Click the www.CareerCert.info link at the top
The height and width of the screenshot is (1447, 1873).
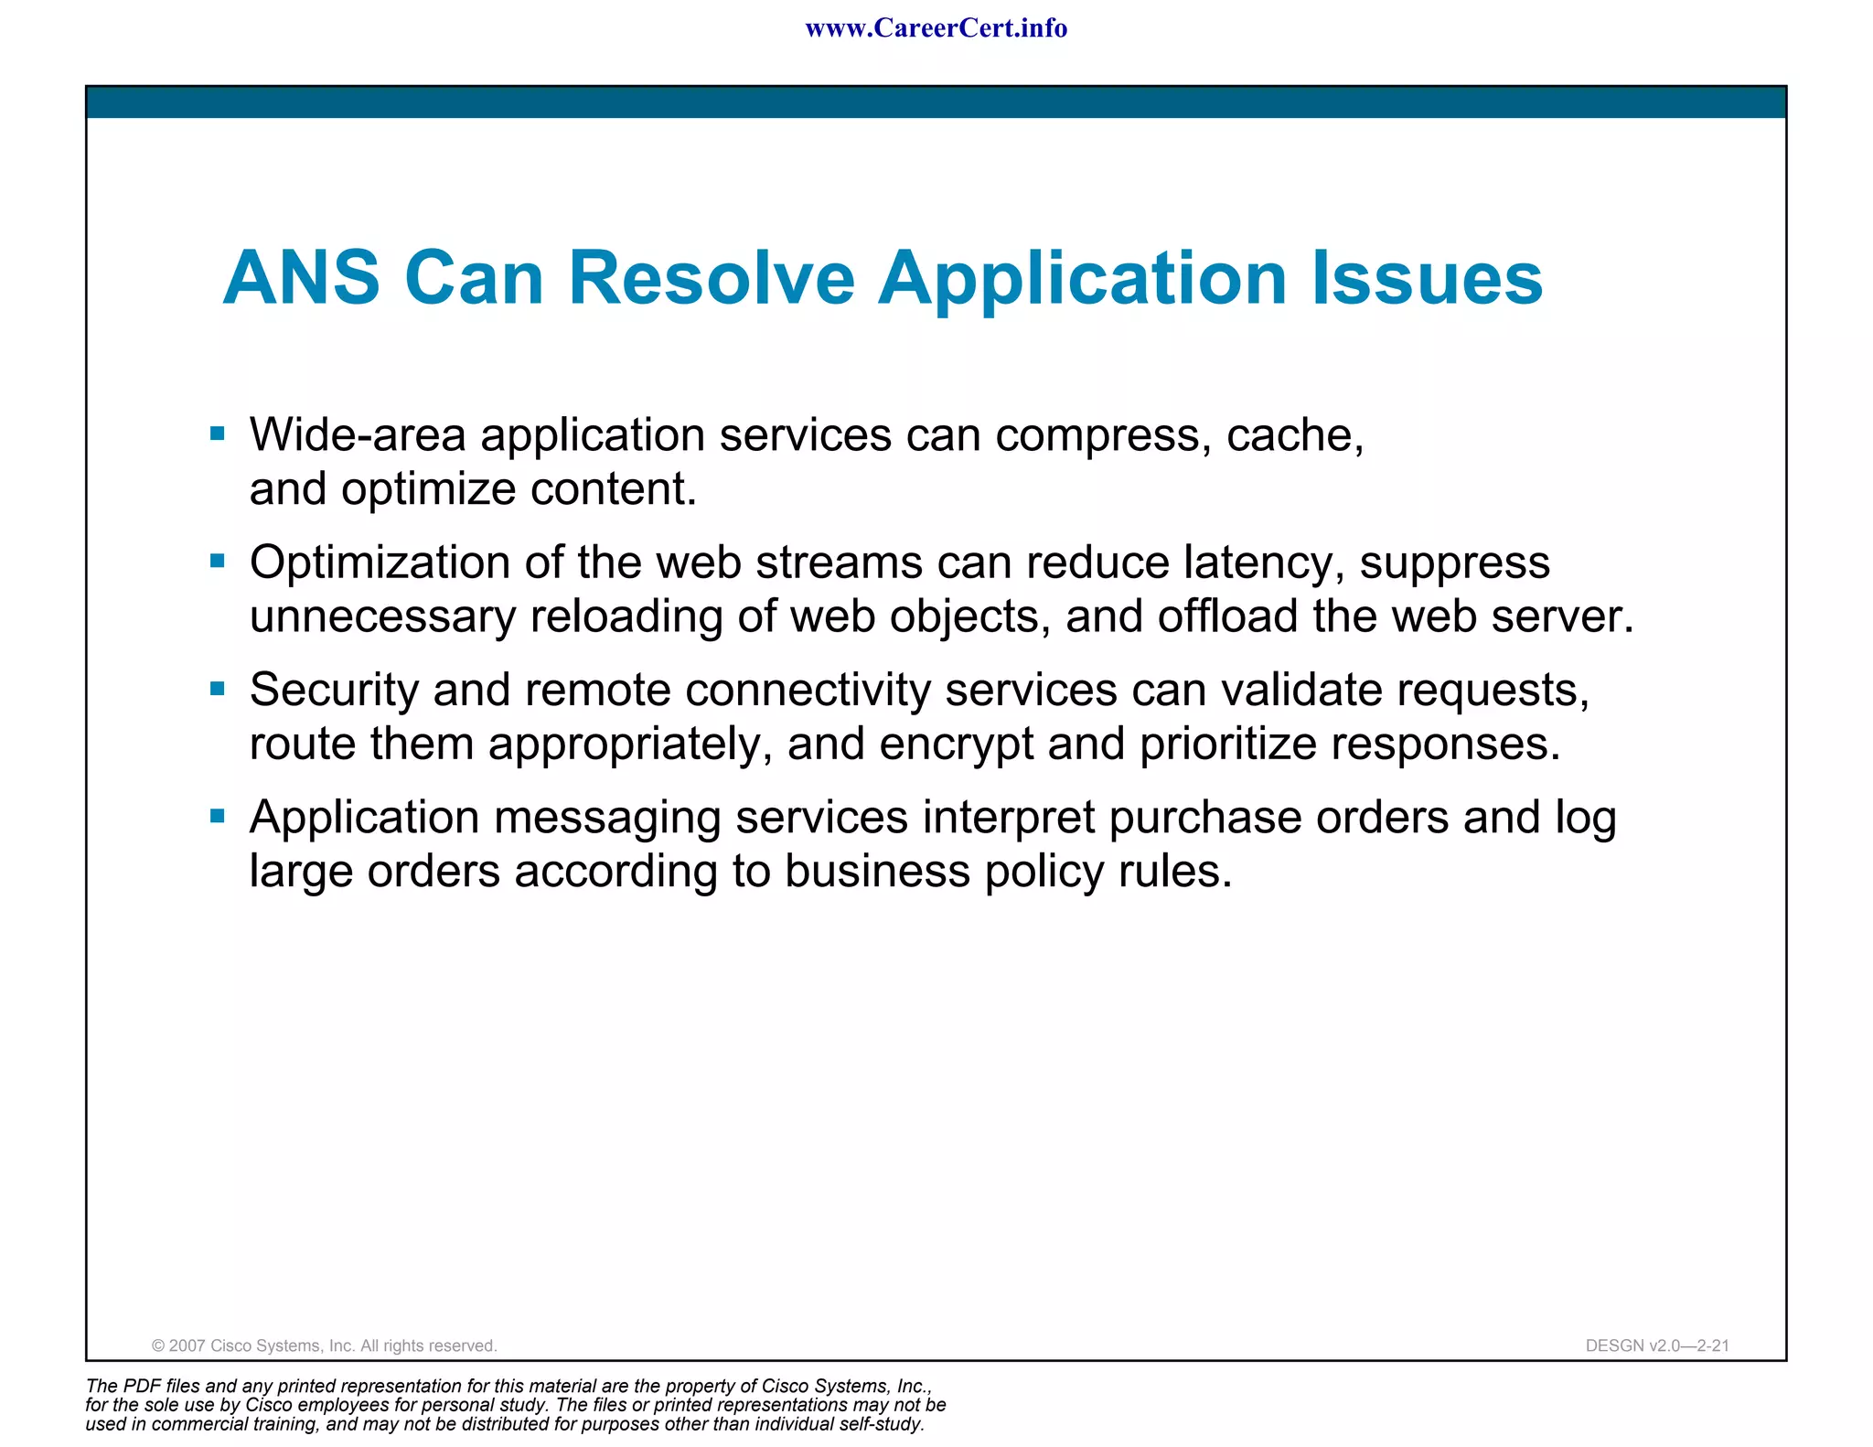[936, 28]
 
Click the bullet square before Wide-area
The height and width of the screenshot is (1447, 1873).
[217, 434]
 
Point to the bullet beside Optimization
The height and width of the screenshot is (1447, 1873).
[217, 561]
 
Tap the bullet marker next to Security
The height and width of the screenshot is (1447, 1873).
[217, 688]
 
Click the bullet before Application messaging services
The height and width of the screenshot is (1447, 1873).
[217, 815]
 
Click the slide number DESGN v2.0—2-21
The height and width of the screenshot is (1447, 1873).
[1656, 1345]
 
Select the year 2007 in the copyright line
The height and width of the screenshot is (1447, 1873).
[187, 1345]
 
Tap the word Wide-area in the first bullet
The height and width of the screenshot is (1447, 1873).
[358, 435]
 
